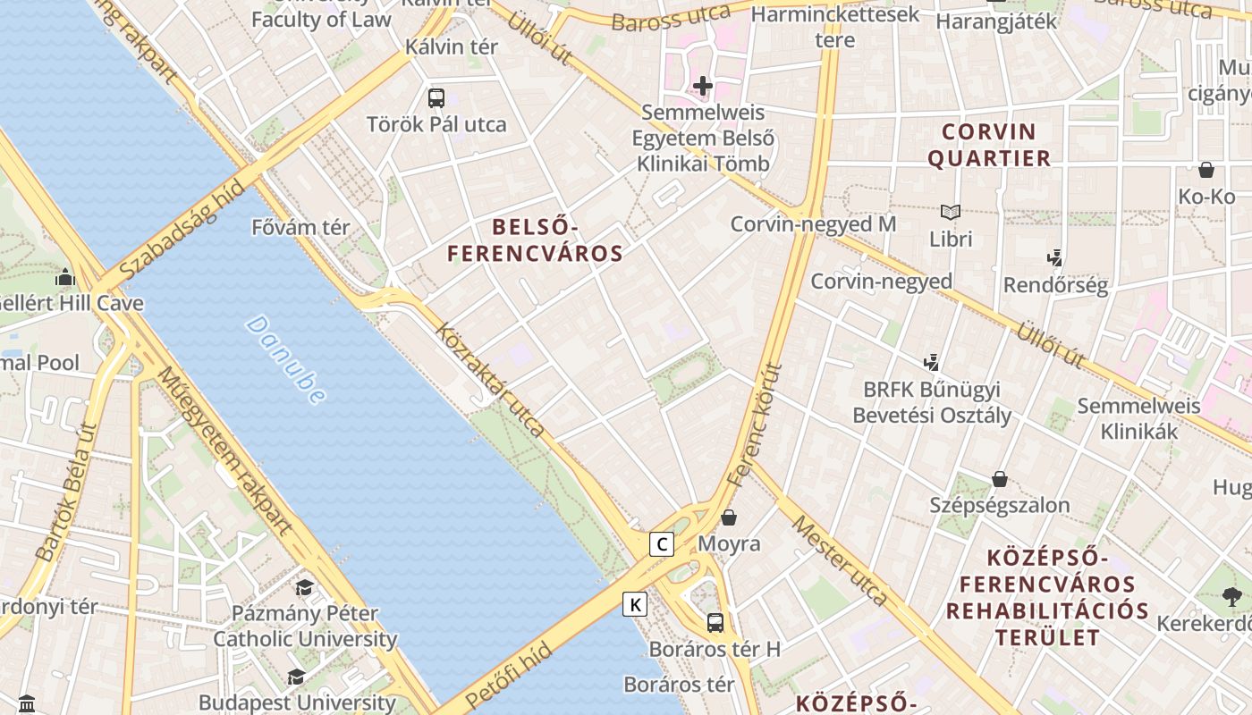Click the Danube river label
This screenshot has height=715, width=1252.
tap(285, 359)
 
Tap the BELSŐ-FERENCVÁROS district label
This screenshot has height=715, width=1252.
tap(535, 240)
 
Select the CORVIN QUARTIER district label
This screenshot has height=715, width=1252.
tap(989, 146)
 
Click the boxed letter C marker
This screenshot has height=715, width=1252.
tap(662, 543)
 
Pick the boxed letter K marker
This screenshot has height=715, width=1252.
tap(635, 605)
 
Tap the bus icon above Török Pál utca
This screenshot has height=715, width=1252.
tap(436, 98)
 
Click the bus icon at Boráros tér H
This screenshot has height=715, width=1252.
tap(715, 622)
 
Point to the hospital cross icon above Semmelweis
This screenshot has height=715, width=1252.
tap(703, 86)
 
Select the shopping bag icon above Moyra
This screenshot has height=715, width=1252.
tap(729, 517)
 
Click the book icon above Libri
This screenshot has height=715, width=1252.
tap(951, 213)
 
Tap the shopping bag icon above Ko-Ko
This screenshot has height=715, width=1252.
tap(1206, 170)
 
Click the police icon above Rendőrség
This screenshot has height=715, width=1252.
tap(1055, 258)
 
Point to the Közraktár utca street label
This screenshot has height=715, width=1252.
tap(490, 380)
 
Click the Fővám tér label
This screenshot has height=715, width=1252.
tap(300, 227)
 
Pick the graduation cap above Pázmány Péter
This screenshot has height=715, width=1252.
tap(305, 587)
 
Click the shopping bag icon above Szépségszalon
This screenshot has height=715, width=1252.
tap(1000, 479)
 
